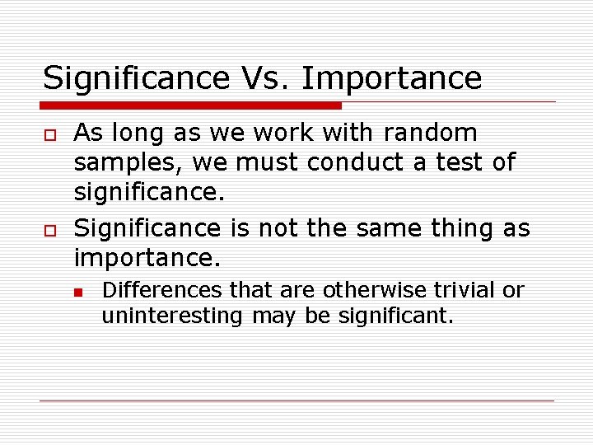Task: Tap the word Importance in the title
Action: coord(391,78)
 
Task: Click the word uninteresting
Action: coord(172,316)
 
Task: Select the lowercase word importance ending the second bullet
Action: coord(147,258)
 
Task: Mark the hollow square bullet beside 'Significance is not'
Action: coord(48,228)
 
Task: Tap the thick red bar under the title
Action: coord(191,105)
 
